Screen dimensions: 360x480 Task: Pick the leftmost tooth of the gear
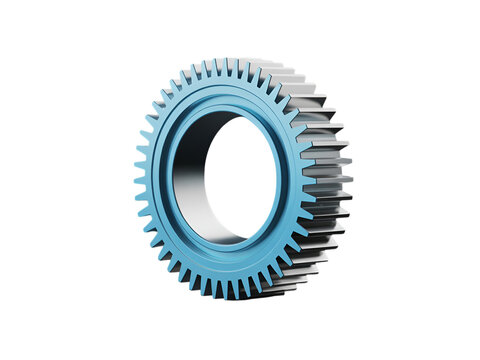point(139,183)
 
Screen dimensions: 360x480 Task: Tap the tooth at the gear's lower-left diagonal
point(166,262)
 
